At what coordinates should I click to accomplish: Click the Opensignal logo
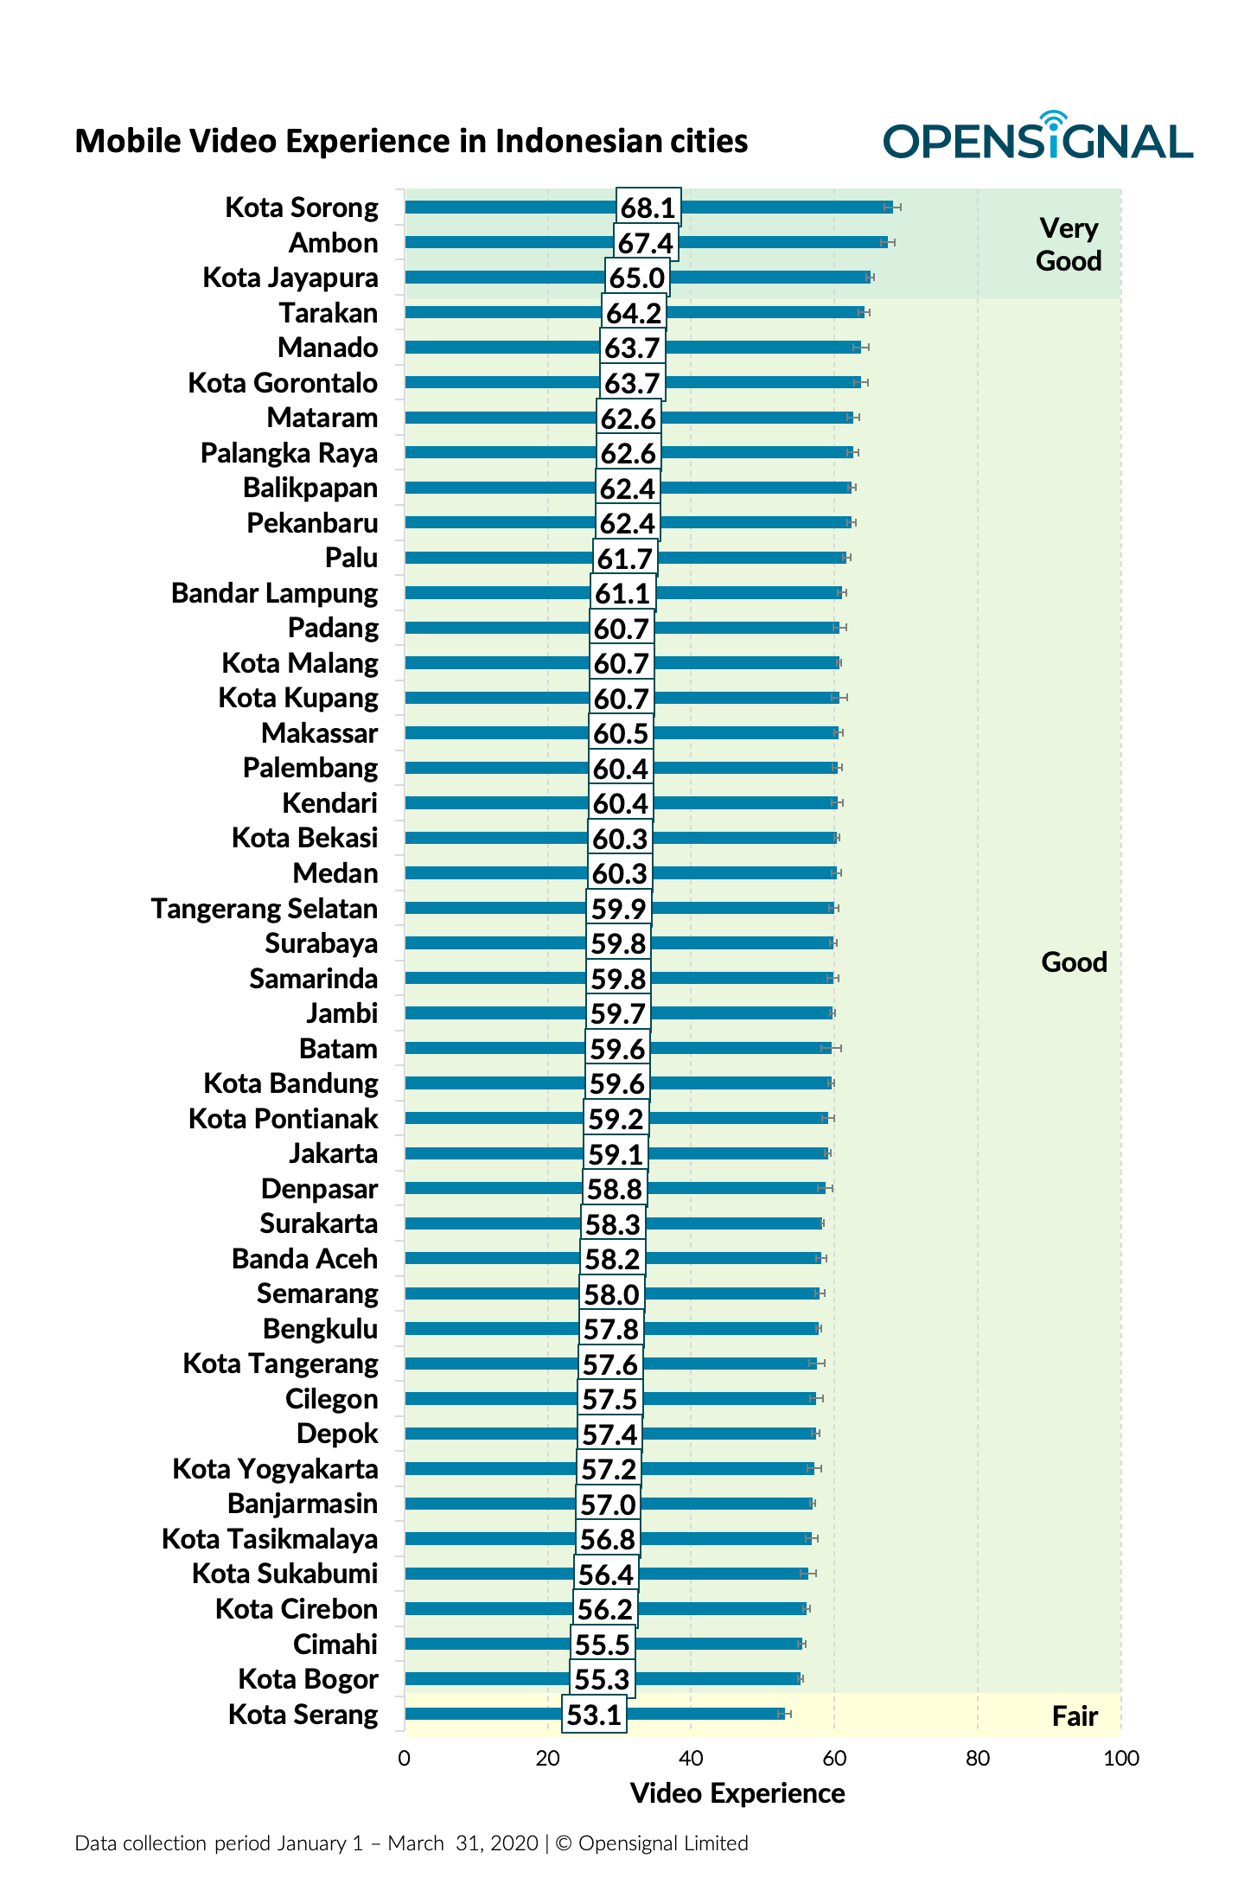pos(1037,138)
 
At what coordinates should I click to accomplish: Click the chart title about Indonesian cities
pos(412,141)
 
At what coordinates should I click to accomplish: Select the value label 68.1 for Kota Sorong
pos(648,208)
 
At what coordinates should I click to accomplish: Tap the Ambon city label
pos(333,243)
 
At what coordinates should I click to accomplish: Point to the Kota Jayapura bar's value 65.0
pos(637,278)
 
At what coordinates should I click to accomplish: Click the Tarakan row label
pos(328,313)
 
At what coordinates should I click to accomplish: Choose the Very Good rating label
pos(1069,245)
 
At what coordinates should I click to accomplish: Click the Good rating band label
pos(1074,961)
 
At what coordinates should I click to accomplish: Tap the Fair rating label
pos(1075,1715)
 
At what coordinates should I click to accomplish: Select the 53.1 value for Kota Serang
pos(594,1714)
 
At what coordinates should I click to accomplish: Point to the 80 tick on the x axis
pos(978,1758)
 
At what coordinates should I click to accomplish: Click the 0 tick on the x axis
pos(404,1758)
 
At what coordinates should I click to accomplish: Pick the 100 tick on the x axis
pos(1121,1758)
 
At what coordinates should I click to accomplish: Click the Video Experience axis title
pos(737,1793)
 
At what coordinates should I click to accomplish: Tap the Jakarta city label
pos(333,1153)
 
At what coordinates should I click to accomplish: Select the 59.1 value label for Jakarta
pos(616,1153)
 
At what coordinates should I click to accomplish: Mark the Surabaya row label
pos(321,943)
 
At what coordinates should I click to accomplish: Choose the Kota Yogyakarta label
pos(275,1469)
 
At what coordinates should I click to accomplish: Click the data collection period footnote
pos(412,1843)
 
